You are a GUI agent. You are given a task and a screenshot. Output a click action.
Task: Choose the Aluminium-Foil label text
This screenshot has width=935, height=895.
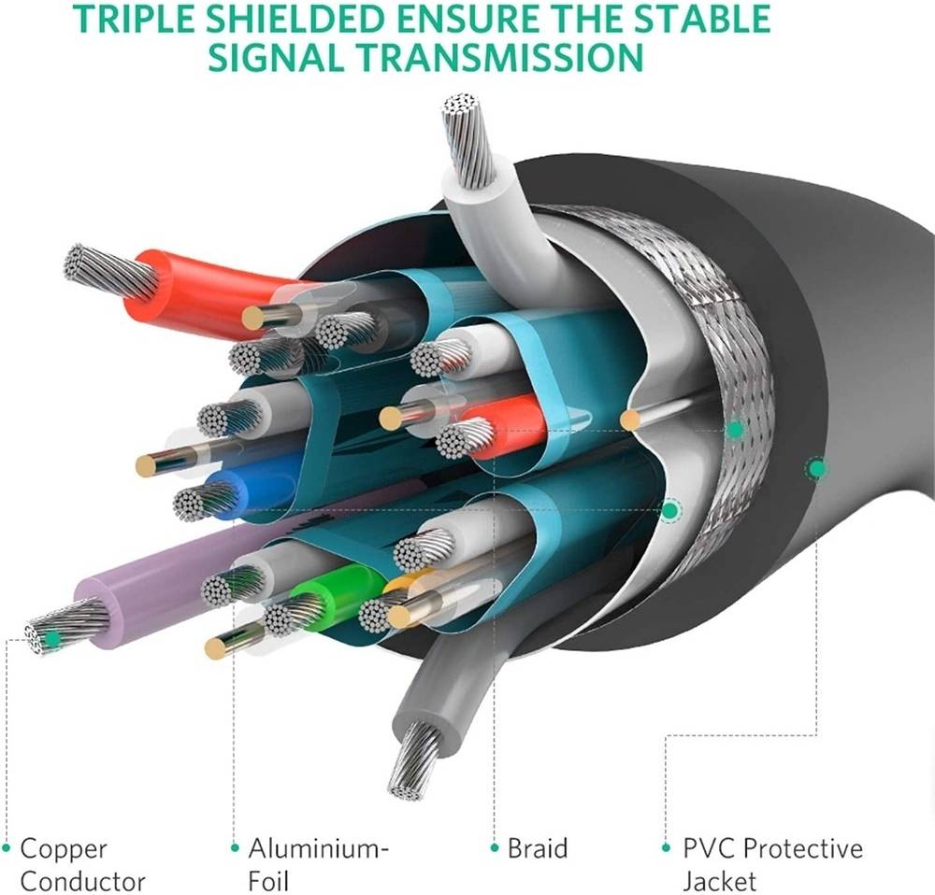tap(318, 864)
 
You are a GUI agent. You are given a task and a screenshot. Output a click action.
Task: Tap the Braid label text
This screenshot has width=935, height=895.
tap(537, 848)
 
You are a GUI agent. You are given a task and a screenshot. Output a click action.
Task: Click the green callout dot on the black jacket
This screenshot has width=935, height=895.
tap(817, 467)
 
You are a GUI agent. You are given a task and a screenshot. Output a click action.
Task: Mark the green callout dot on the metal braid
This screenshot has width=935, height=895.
tap(735, 429)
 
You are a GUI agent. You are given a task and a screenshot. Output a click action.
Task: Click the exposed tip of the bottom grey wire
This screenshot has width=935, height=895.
tap(411, 760)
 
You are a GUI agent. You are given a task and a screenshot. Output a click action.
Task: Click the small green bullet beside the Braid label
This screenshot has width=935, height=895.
tap(495, 848)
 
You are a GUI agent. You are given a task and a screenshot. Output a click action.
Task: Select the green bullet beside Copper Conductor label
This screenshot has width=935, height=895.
tap(7, 848)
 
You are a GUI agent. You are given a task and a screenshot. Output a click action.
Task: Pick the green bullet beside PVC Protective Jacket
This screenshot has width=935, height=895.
tap(667, 848)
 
